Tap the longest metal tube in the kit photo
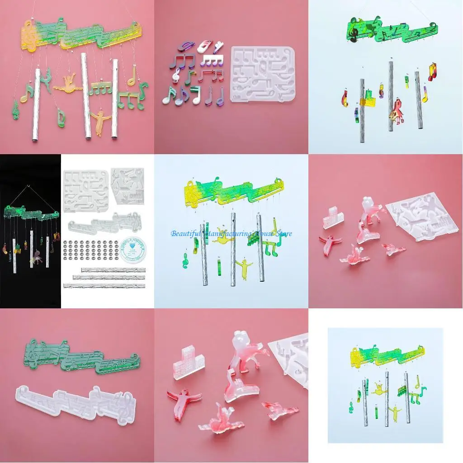(104, 285)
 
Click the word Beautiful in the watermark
(186, 234)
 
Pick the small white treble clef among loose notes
(176, 75)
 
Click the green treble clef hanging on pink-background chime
(15, 109)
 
